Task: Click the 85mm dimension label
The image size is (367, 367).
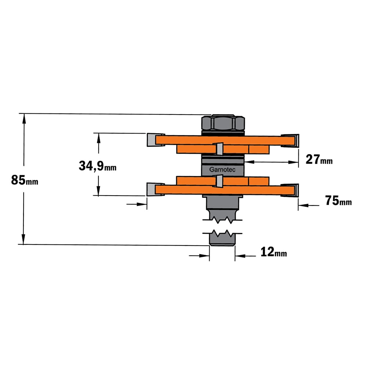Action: (25, 180)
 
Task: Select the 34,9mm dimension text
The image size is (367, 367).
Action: (97, 166)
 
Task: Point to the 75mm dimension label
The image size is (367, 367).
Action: (338, 201)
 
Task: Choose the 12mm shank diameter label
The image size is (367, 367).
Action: (274, 252)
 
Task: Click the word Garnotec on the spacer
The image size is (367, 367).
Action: (222, 170)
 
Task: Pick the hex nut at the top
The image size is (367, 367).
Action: (223, 123)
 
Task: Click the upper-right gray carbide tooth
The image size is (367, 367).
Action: (290, 141)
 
